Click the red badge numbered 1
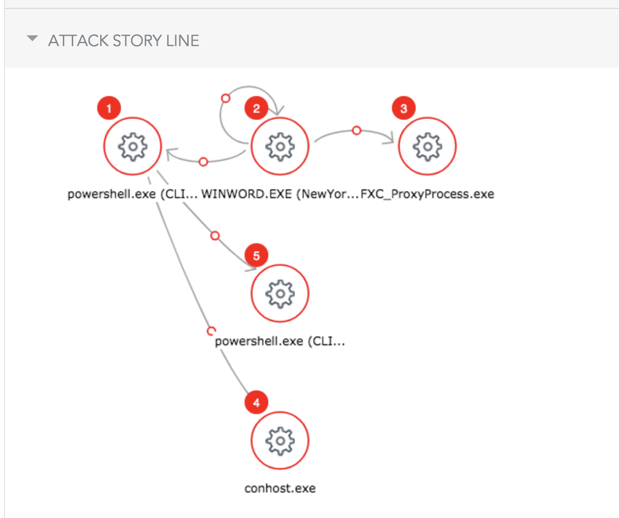coord(109,108)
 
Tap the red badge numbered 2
coord(256,108)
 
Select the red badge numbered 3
coord(404,108)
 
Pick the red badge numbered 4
coord(256,403)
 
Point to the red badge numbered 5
coord(256,256)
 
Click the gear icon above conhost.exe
coord(280,440)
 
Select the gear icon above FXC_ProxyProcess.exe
coord(427,146)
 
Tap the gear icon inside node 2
coord(280,146)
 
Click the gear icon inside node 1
coord(133,146)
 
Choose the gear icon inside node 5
coord(280,293)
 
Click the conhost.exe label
coord(280,489)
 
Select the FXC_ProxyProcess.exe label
coord(427,194)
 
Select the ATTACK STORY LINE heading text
coord(124,41)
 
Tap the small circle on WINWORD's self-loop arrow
coord(225,98)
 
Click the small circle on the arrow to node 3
coord(357,130)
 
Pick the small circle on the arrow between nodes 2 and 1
coord(203,161)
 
